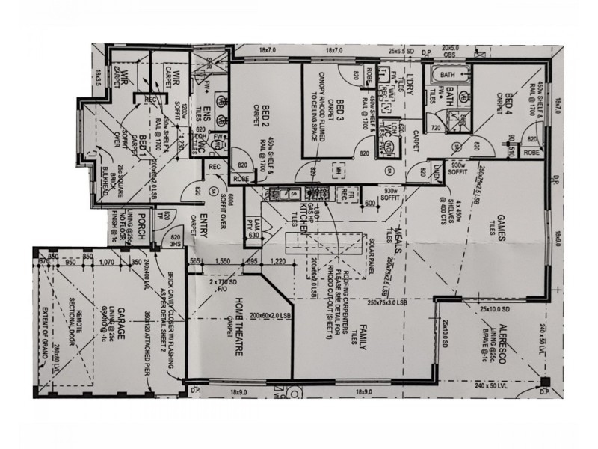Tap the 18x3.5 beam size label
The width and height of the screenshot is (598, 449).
coord(97,76)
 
